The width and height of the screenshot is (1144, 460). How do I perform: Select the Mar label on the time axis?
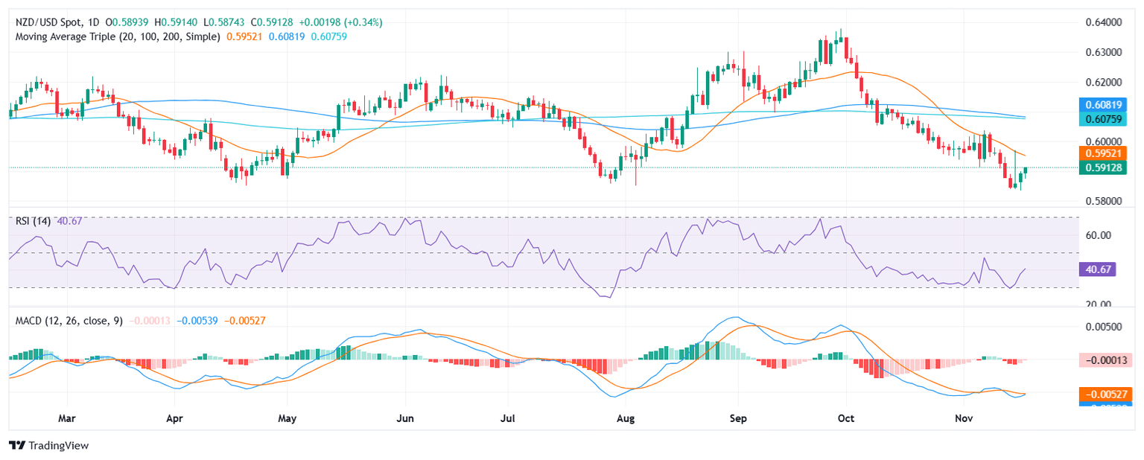[x=67, y=418]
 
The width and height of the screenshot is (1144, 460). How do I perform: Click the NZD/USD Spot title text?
[x=45, y=22]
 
